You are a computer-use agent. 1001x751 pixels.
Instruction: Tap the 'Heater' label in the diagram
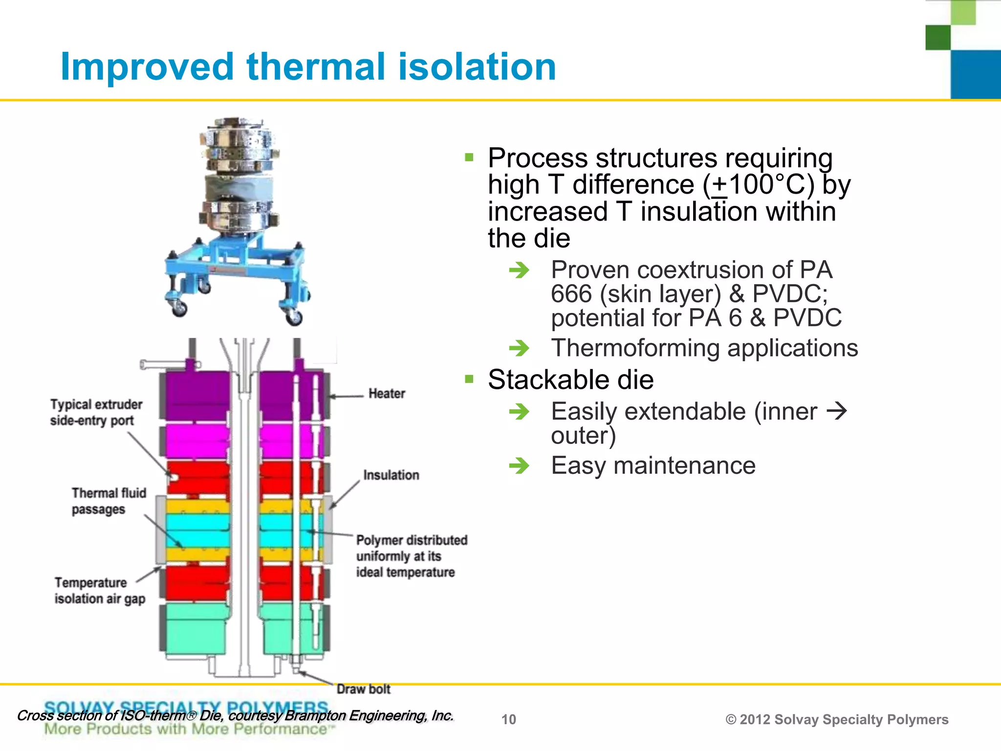(x=387, y=394)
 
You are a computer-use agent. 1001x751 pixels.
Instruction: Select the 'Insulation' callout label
(x=391, y=475)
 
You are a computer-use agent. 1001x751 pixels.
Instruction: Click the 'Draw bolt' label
(x=363, y=689)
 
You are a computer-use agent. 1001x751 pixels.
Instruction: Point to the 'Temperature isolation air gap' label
(x=100, y=591)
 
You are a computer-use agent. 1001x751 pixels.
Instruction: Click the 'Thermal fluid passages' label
(x=109, y=501)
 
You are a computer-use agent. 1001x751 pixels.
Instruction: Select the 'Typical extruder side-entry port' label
(x=96, y=412)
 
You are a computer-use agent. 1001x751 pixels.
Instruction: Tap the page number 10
(x=508, y=719)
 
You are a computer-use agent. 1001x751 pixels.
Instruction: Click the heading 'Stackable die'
(x=570, y=379)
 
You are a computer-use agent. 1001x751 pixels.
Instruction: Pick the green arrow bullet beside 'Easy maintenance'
(x=519, y=465)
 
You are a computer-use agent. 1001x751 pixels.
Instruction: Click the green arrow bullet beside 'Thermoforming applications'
(x=519, y=348)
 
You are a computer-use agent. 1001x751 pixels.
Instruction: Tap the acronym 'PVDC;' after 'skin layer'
(x=790, y=293)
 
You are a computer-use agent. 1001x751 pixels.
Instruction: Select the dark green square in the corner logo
(x=937, y=38)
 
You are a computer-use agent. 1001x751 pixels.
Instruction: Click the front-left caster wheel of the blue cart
(x=178, y=308)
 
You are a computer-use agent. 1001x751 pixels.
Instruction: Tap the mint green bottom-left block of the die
(x=196, y=628)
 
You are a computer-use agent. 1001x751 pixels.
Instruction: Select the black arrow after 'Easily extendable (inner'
(x=836, y=411)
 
